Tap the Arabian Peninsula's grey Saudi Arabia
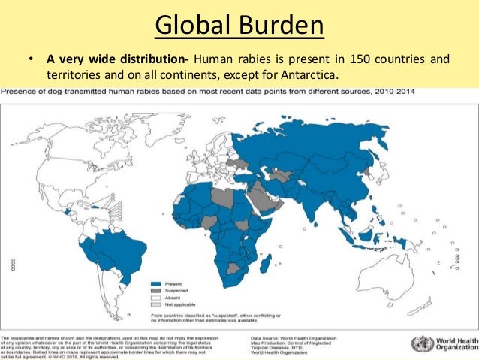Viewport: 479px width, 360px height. point(266,197)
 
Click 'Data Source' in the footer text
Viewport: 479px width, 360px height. point(267,339)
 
